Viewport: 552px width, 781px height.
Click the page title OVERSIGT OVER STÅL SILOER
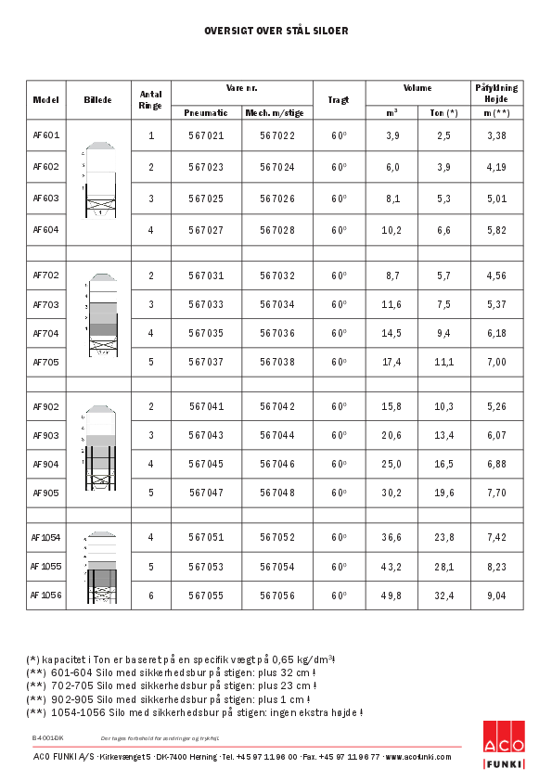point(276,31)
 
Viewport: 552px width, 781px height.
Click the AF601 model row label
point(45,135)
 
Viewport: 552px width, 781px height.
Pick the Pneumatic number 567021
point(206,135)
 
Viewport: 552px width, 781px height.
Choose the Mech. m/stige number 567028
point(277,229)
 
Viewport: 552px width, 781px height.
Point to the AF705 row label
point(45,362)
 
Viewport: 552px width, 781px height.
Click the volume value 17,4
point(392,362)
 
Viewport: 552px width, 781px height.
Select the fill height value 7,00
point(496,362)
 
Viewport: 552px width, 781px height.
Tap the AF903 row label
point(45,435)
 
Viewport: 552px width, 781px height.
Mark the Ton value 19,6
point(444,493)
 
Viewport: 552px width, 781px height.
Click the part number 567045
point(206,464)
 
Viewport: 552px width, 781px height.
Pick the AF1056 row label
point(45,595)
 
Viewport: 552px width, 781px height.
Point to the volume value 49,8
point(392,595)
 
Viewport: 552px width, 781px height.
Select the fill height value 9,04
point(496,595)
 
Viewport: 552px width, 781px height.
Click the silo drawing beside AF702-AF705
point(103,315)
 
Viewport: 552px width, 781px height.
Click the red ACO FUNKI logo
point(504,745)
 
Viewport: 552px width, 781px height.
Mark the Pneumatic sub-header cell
point(206,113)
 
